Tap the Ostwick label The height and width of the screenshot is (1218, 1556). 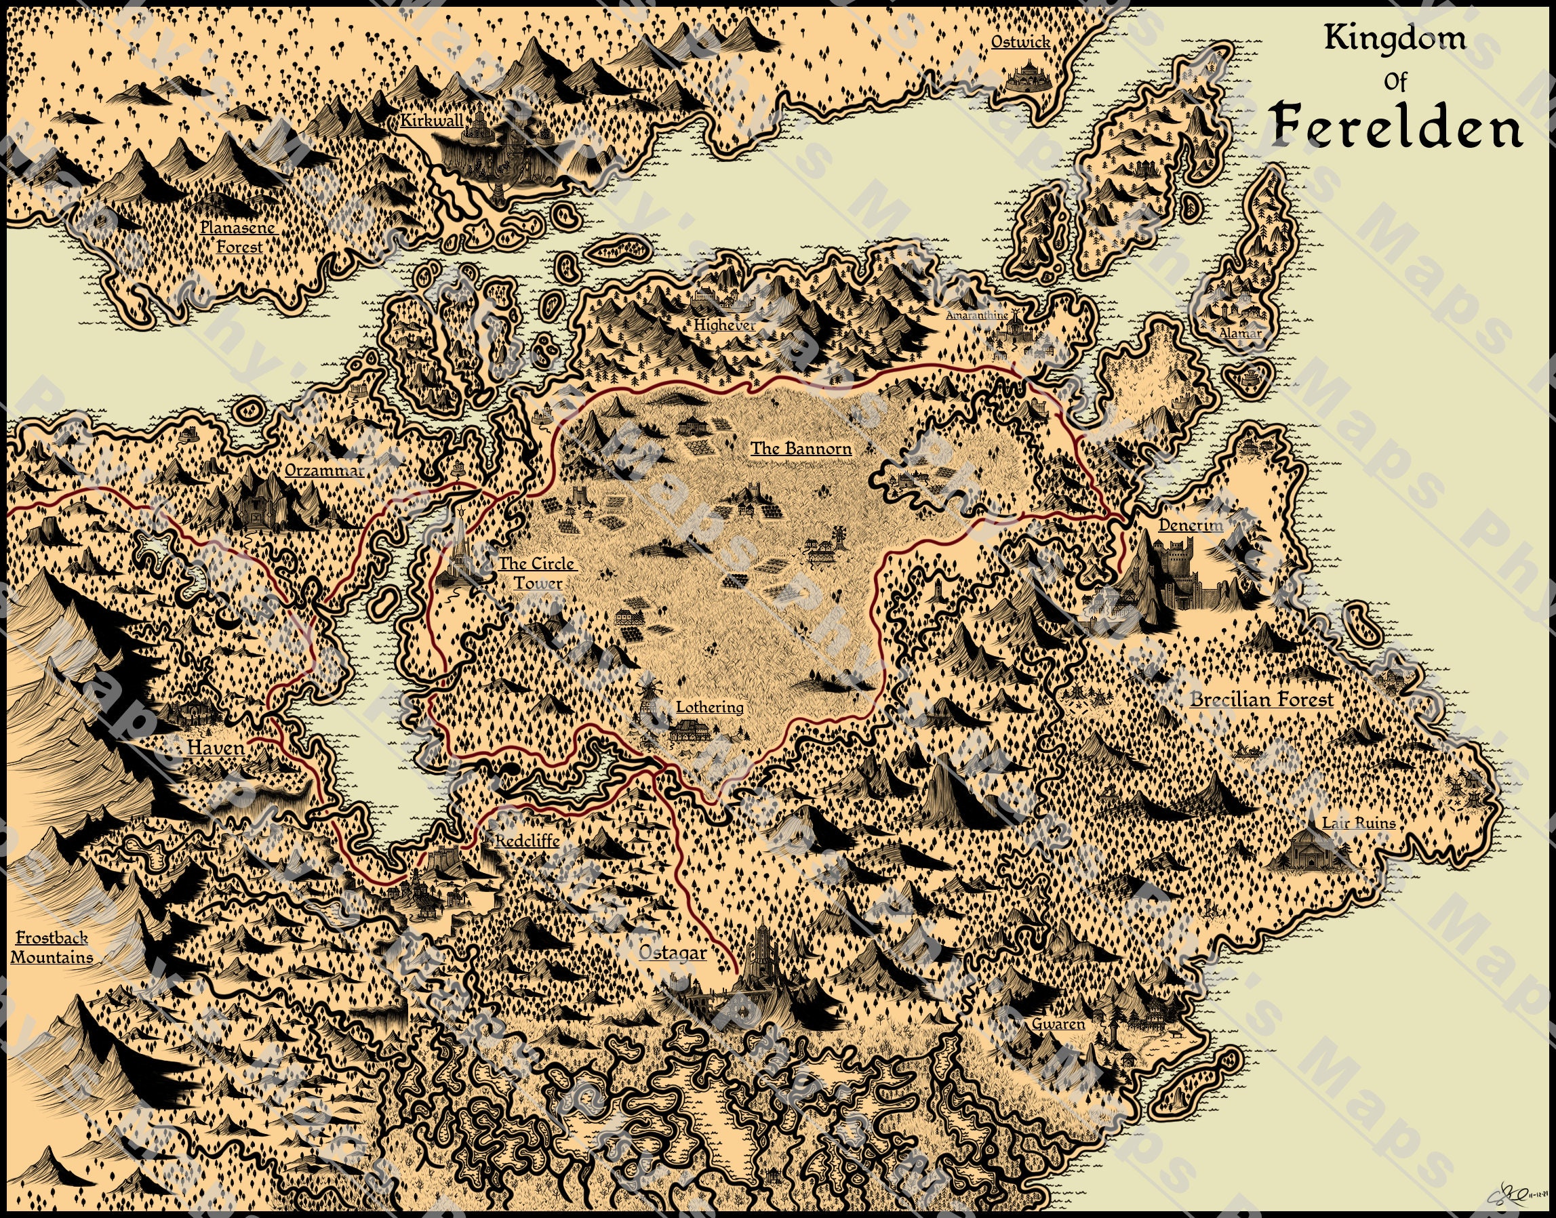click(1020, 42)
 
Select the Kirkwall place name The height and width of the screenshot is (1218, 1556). click(431, 121)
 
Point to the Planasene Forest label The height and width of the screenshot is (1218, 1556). click(238, 237)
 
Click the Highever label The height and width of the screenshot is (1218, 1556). click(724, 325)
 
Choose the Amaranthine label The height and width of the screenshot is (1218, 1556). click(977, 314)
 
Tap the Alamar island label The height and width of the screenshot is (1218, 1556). click(1240, 333)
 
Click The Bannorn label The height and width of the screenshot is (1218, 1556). click(801, 449)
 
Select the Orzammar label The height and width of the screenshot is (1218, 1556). click(324, 470)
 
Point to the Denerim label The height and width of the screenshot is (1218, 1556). click(1190, 525)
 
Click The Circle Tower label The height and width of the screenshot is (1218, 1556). click(537, 573)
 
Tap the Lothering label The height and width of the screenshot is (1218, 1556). click(709, 707)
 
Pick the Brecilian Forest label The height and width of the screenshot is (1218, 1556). click(1260, 699)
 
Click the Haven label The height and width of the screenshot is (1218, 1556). click(216, 748)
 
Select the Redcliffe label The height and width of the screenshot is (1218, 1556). click(527, 840)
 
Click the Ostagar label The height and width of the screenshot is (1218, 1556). click(672, 953)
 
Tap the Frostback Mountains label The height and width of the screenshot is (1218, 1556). click(52, 947)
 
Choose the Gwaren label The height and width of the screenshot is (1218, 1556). click(1058, 1024)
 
